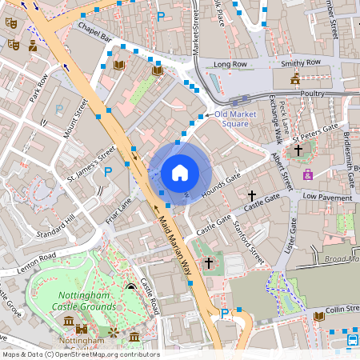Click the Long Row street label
[232, 64]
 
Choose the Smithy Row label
[300, 62]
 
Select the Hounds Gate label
[222, 181]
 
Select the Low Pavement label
[327, 197]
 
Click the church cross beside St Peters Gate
[298, 150]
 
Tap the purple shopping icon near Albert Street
[307, 174]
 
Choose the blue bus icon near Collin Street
[353, 342]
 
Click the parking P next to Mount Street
[59, 109]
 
